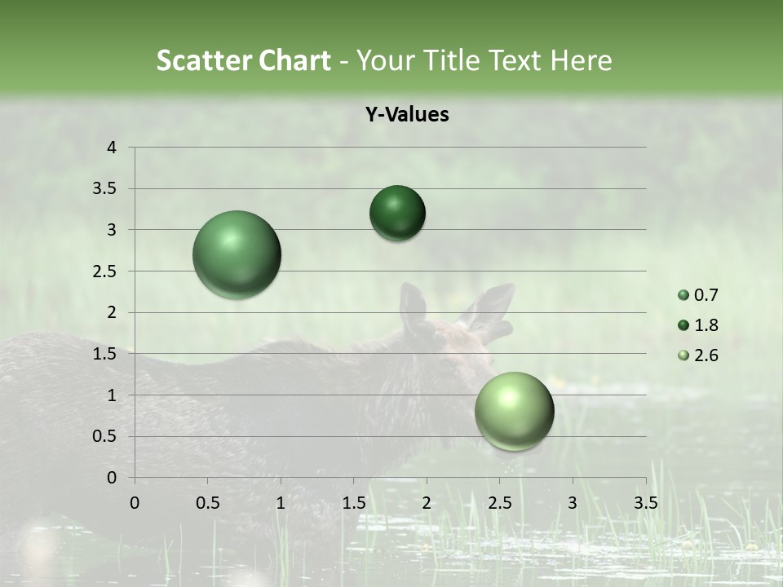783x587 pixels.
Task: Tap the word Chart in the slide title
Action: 295,60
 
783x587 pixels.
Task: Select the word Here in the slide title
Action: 580,60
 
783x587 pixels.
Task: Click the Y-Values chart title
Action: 406,115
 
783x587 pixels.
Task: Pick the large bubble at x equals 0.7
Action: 237,254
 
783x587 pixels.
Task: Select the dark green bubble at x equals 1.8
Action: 397,213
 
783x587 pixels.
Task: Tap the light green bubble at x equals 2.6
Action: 514,411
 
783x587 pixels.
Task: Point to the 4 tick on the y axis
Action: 112,148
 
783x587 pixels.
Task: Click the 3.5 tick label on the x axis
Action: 645,503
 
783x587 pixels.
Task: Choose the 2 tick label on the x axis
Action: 427,503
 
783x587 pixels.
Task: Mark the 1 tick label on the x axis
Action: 281,503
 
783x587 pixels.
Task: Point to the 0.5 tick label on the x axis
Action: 207,503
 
